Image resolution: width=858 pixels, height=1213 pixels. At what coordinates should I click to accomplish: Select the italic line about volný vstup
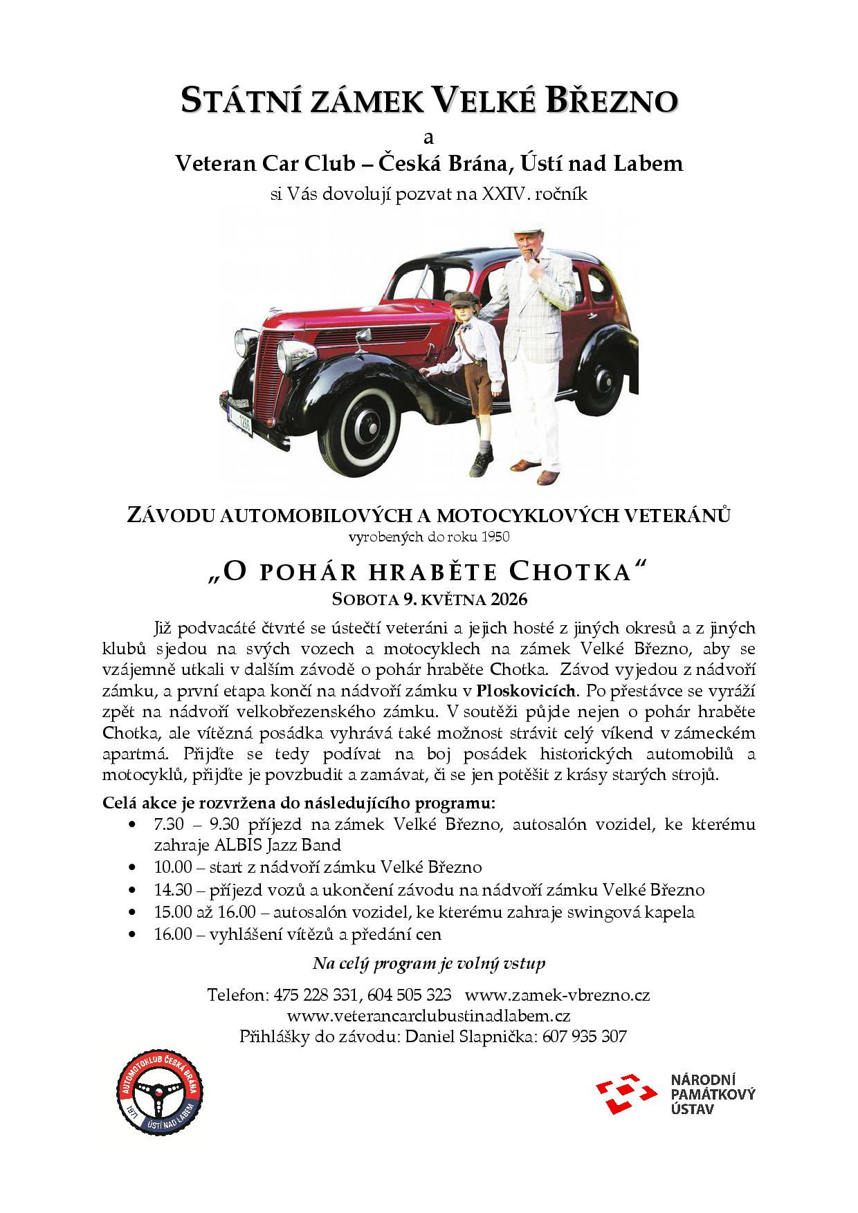click(x=429, y=963)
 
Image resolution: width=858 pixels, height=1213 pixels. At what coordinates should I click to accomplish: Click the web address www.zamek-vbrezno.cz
click(x=557, y=995)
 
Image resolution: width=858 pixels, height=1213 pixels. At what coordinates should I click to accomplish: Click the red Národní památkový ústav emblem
click(x=626, y=1093)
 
